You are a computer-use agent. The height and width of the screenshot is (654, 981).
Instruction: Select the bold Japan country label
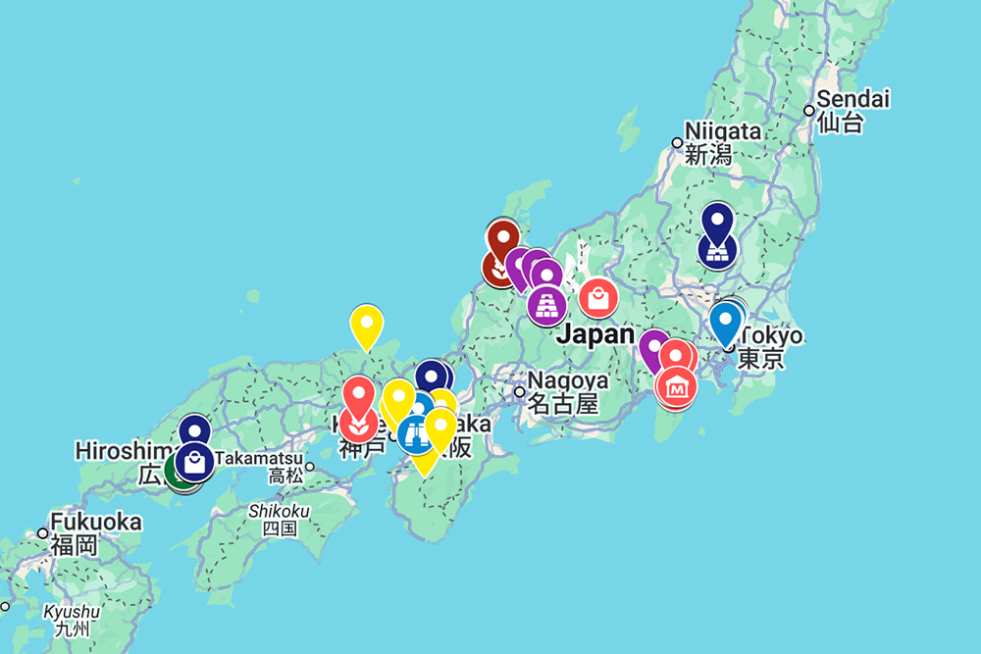[594, 334]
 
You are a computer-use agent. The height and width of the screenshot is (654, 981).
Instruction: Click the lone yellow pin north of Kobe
[366, 324]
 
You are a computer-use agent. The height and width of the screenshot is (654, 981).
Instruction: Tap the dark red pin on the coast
[502, 238]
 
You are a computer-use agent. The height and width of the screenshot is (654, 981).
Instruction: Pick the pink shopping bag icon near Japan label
[597, 298]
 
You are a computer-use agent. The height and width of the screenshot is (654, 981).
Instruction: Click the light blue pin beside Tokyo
[725, 321]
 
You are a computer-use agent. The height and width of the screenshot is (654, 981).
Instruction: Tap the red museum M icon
[675, 388]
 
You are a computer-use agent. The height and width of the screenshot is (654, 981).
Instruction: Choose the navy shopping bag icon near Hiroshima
[195, 463]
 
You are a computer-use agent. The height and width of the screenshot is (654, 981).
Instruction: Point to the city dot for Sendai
[808, 111]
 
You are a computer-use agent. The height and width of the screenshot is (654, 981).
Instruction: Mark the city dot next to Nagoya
[520, 392]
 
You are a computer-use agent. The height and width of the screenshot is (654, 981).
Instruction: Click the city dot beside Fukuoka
[42, 533]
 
